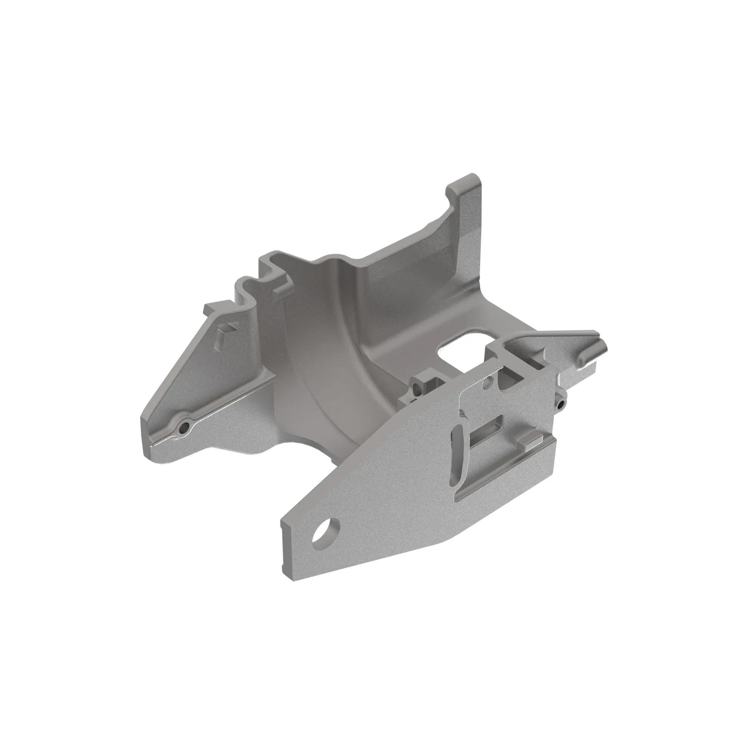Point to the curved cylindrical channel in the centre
click(x=333, y=372)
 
